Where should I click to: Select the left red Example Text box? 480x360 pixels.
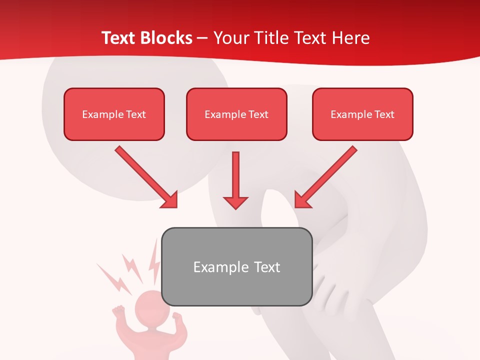click(x=114, y=114)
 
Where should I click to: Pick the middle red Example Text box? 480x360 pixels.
click(x=236, y=114)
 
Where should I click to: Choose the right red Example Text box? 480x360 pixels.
click(x=362, y=114)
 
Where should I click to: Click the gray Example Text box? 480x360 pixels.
click(x=237, y=266)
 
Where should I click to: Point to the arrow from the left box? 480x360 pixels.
click(x=146, y=177)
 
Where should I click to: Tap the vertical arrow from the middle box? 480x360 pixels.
click(x=235, y=180)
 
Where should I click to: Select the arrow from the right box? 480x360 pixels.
click(x=325, y=177)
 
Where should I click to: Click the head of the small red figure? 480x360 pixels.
click(x=148, y=306)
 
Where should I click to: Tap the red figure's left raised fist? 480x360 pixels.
click(x=118, y=311)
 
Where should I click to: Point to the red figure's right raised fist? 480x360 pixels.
click(x=177, y=316)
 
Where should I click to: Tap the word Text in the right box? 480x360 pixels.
click(x=384, y=114)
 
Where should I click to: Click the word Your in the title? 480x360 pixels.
click(x=229, y=38)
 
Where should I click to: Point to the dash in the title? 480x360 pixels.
click(x=203, y=38)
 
